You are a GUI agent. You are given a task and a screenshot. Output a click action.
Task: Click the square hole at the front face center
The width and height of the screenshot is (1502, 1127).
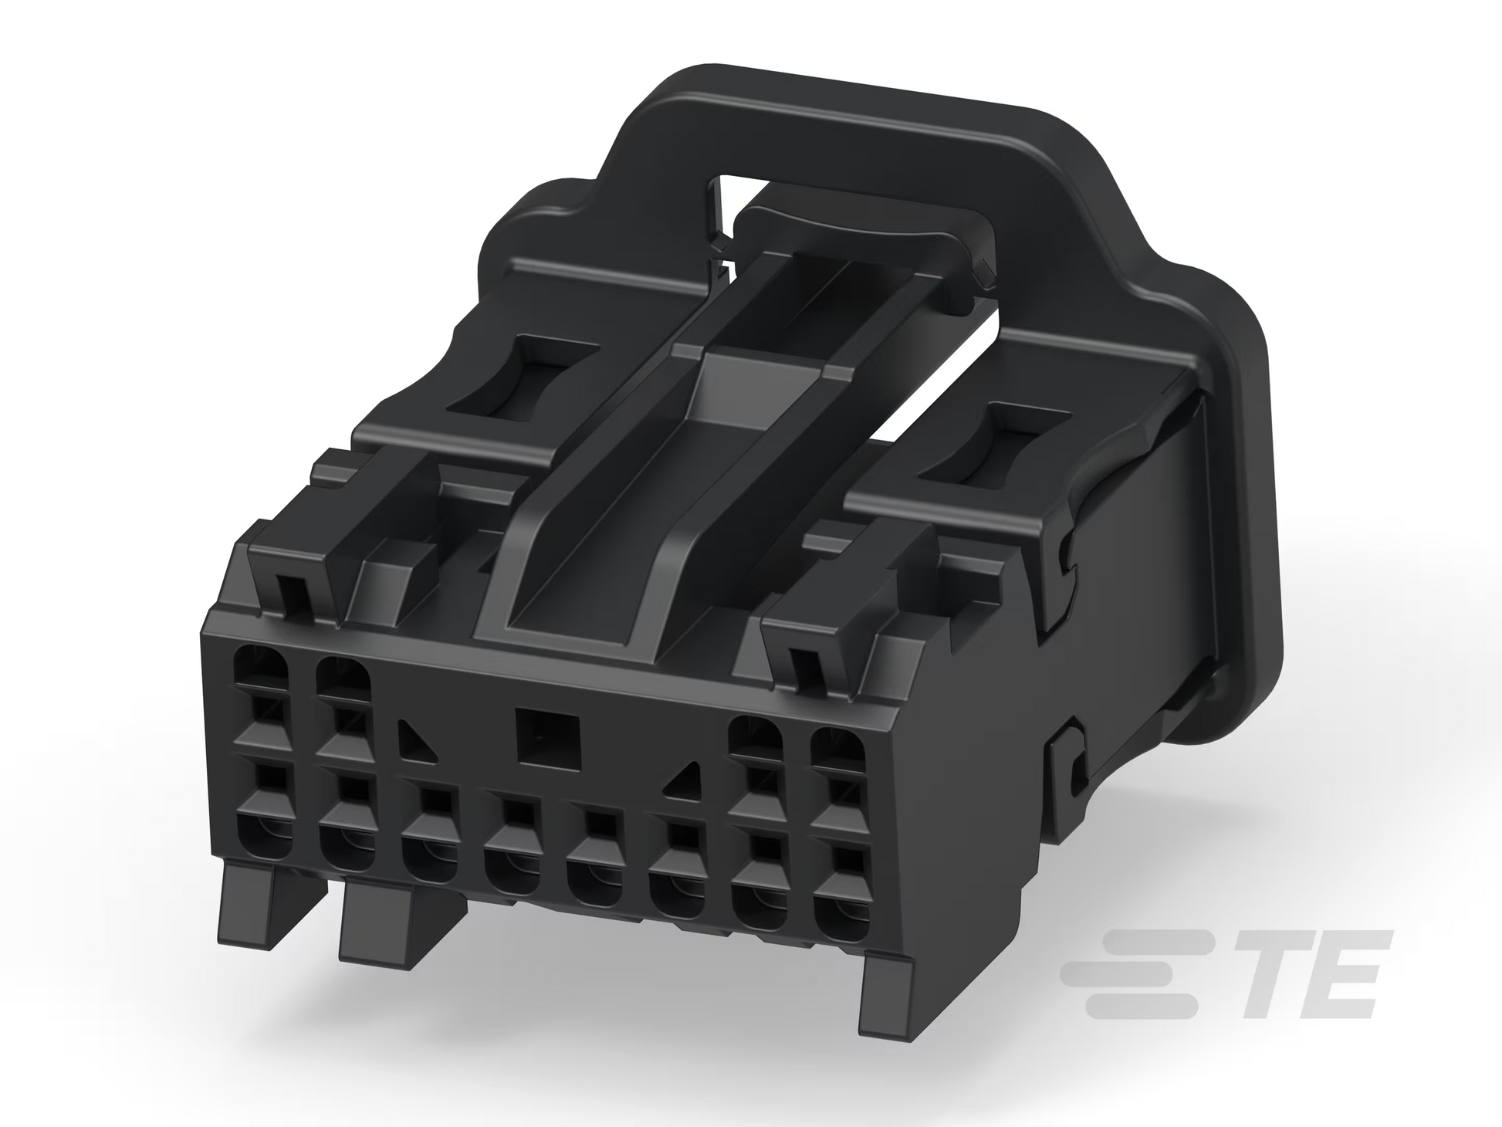548,738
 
